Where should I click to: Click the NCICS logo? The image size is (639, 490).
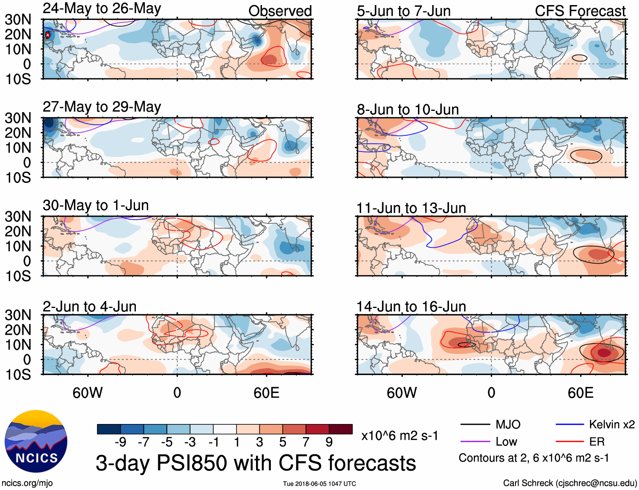[36, 441]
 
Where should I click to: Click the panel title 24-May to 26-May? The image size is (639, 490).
[102, 9]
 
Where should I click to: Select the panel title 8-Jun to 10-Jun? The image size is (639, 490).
[408, 110]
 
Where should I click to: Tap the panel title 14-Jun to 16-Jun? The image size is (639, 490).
[411, 307]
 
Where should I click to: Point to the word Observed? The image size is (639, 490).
[280, 11]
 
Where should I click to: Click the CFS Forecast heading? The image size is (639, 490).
[580, 11]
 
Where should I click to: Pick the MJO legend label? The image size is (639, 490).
[508, 424]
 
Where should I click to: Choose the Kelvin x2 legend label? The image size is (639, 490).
[611, 424]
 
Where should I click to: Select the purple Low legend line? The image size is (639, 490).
[475, 442]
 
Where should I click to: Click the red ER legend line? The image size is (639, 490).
[570, 442]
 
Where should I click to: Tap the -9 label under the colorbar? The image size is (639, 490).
[120, 442]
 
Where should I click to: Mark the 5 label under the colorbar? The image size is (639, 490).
[283, 442]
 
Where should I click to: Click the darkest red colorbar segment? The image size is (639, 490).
[341, 429]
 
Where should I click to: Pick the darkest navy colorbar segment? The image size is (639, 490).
[109, 429]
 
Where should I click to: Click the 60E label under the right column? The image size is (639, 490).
[580, 393]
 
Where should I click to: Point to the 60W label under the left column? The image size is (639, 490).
[88, 393]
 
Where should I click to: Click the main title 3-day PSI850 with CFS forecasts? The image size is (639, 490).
[256, 463]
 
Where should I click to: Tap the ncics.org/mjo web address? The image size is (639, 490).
[27, 483]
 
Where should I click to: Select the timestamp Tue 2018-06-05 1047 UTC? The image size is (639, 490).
[319, 484]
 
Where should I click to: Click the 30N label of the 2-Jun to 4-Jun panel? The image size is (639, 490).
[18, 315]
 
